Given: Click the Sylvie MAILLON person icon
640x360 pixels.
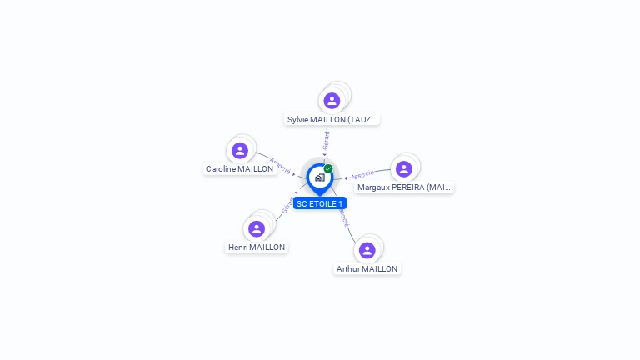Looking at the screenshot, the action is point(332,101).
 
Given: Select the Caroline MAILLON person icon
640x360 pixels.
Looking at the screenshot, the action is point(240,151).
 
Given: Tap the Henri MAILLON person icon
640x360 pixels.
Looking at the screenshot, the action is point(257,228).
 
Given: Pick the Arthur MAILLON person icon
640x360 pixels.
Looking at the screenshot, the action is point(367,250).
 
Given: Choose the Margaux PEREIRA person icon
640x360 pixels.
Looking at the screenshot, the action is point(404,169).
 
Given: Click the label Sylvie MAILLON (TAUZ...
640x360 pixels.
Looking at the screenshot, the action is point(332,119).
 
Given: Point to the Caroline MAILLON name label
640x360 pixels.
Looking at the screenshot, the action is point(240,169).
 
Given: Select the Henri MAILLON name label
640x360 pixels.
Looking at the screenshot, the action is point(257,247).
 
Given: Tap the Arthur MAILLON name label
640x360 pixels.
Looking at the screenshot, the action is point(367,269).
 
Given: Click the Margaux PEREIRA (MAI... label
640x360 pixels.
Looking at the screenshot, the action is point(404,187).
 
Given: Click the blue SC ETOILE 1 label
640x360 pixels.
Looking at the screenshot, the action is point(320,203).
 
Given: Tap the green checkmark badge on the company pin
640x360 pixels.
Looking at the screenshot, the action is point(328,169).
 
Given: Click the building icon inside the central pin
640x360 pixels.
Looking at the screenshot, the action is point(319,177).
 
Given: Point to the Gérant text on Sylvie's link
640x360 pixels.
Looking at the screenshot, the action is point(327,140).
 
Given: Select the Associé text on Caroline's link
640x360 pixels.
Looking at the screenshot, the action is point(280,166).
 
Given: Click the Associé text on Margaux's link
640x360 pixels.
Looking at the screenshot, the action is point(362,175).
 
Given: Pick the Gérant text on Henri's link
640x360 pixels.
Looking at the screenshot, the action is point(287,205).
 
